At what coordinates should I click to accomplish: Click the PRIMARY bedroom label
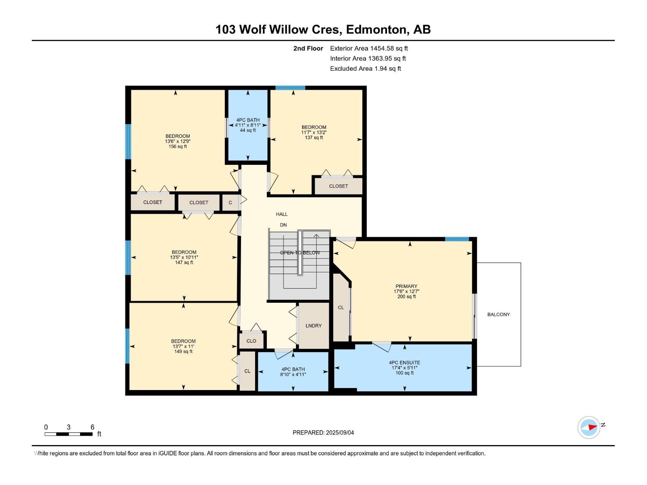[406, 286]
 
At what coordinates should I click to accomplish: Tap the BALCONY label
[499, 314]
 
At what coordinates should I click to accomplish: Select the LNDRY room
[314, 325]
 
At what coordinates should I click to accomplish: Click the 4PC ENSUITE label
[404, 363]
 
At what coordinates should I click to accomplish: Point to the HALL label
[281, 214]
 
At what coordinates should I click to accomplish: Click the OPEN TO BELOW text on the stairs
[300, 253]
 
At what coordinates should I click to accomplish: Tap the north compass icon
[589, 427]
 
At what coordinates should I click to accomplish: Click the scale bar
[69, 434]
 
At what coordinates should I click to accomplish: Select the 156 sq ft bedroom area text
[178, 146]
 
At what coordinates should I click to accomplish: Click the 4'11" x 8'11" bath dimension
[248, 125]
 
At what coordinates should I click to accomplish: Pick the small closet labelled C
[230, 202]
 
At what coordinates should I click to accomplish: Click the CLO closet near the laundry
[251, 341]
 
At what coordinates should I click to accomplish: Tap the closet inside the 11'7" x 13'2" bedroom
[338, 186]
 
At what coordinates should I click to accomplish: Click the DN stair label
[283, 225]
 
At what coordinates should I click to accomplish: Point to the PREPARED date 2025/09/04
[340, 432]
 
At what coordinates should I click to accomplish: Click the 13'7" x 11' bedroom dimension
[183, 346]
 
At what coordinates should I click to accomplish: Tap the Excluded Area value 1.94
[380, 69]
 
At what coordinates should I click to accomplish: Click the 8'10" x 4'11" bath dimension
[293, 374]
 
